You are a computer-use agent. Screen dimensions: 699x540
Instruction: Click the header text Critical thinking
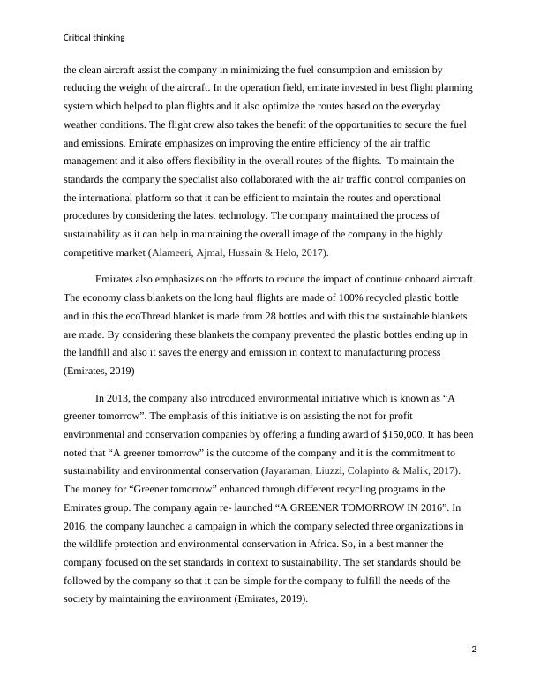pos(94,37)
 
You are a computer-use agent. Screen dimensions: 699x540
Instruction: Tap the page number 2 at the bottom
pos(474,650)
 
